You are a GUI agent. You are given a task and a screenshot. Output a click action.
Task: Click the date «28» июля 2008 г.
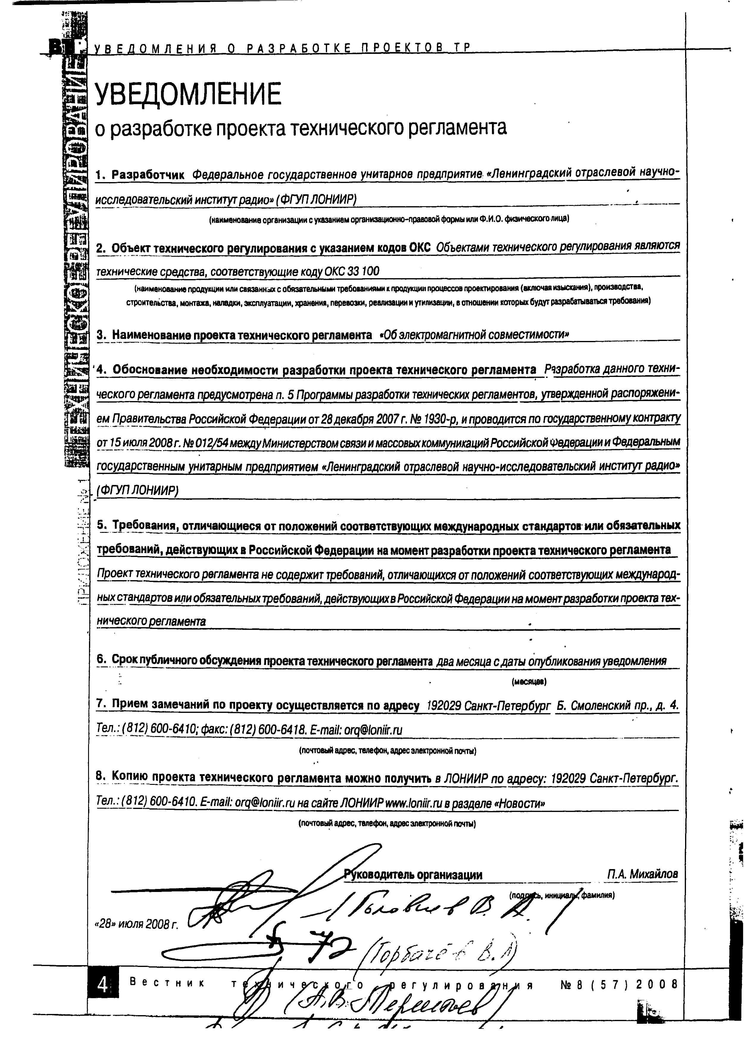pos(136,924)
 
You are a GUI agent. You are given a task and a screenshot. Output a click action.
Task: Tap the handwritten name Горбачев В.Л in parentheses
pos(440,957)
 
